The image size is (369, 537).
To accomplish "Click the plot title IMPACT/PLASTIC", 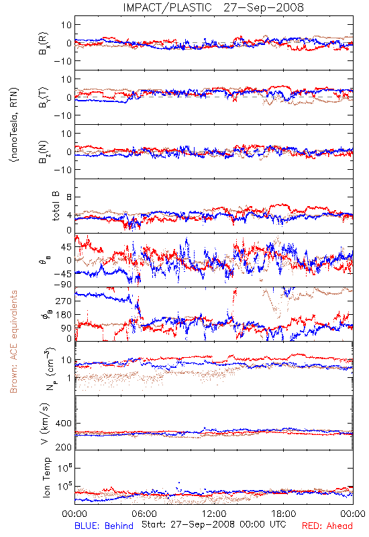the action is pyautogui.click(x=167, y=7).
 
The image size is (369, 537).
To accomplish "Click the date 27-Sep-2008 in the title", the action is pyautogui.click(x=264, y=7).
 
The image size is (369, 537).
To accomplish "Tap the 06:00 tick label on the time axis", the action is pyautogui.click(x=144, y=514).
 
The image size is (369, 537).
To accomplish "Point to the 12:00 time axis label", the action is pyautogui.click(x=214, y=514).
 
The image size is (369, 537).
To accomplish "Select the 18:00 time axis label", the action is pyautogui.click(x=284, y=514).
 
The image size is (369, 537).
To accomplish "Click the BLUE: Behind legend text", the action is pyautogui.click(x=104, y=526).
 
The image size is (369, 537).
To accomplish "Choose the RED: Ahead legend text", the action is pyautogui.click(x=327, y=526).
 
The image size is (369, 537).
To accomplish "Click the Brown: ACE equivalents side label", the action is pyautogui.click(x=13, y=342).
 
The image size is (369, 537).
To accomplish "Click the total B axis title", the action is pyautogui.click(x=56, y=206).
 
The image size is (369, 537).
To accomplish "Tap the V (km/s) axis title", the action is pyautogui.click(x=46, y=424).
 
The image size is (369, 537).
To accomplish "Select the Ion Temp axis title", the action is pyautogui.click(x=46, y=477).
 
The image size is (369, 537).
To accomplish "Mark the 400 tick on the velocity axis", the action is pyautogui.click(x=64, y=424).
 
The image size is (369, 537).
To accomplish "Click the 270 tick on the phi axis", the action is pyautogui.click(x=64, y=301).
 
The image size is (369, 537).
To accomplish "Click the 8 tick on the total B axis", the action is pyautogui.click(x=69, y=197).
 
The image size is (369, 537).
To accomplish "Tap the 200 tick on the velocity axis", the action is pyautogui.click(x=64, y=447).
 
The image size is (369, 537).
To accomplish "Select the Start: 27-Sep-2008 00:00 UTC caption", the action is pyautogui.click(x=214, y=524).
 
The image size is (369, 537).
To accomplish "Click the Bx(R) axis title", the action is pyautogui.click(x=44, y=44).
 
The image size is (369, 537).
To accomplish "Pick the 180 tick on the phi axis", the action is pyautogui.click(x=64, y=315).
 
